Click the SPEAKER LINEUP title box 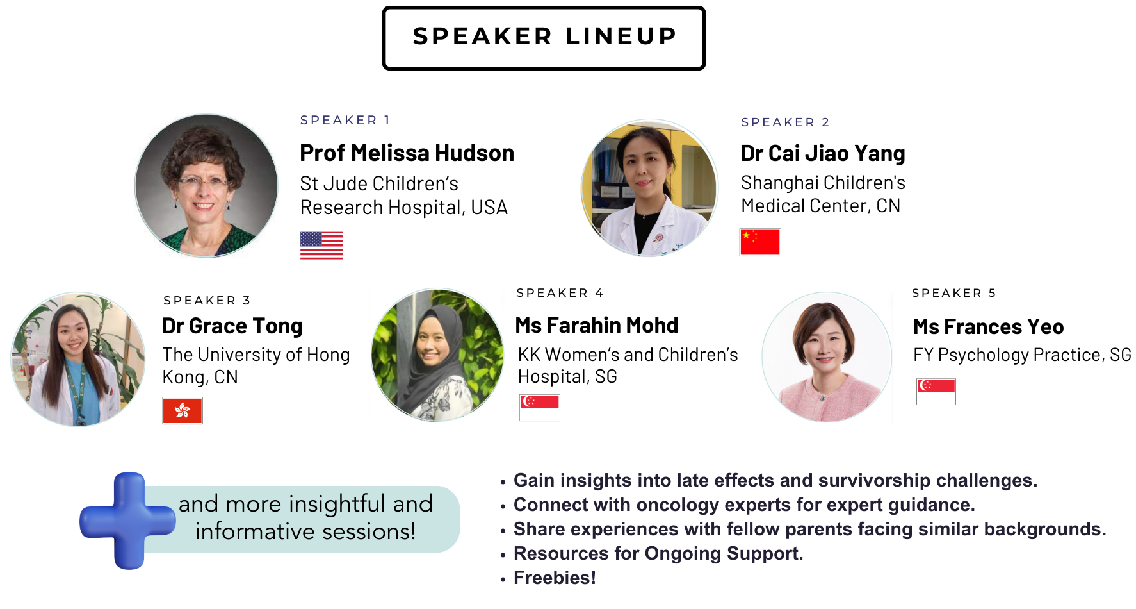click(544, 37)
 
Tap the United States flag click(321, 245)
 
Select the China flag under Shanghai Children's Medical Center click(759, 242)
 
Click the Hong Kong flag click(183, 411)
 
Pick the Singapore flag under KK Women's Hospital click(539, 408)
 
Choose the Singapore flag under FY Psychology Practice click(936, 391)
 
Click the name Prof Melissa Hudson click(407, 153)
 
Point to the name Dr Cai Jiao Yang click(822, 154)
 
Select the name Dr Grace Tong click(232, 326)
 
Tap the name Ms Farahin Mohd click(596, 325)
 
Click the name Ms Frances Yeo click(987, 327)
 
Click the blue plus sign click(128, 521)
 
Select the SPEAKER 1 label click(345, 120)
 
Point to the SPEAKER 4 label click(560, 293)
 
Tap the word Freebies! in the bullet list click(555, 578)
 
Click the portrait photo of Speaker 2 click(649, 188)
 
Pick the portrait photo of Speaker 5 click(826, 357)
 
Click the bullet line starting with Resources click(658, 553)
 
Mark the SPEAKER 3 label click(206, 301)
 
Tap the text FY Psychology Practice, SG click(1021, 355)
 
